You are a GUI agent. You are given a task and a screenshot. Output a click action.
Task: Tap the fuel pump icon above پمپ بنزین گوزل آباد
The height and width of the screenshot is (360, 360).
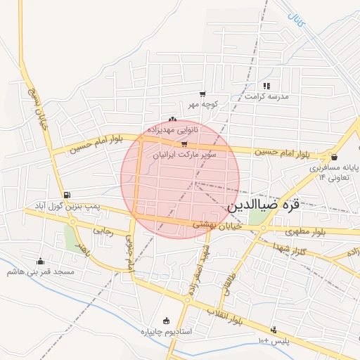(67, 195)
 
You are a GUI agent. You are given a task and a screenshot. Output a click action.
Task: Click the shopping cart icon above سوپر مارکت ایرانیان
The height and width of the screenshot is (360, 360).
(184, 143)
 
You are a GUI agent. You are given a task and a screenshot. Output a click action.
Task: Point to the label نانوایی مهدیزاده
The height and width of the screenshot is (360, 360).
(172, 130)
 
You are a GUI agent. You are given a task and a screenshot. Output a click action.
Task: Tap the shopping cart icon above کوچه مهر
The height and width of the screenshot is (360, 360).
(202, 94)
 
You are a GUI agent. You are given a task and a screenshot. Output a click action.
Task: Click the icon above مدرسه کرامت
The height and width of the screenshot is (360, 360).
(266, 86)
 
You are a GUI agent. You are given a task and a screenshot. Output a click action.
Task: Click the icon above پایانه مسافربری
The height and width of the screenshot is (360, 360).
(333, 157)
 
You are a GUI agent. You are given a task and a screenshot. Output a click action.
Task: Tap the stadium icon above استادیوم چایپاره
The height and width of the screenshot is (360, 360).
(166, 321)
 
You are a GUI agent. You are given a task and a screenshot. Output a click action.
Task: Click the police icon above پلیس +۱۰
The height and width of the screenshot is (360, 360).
(274, 330)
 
